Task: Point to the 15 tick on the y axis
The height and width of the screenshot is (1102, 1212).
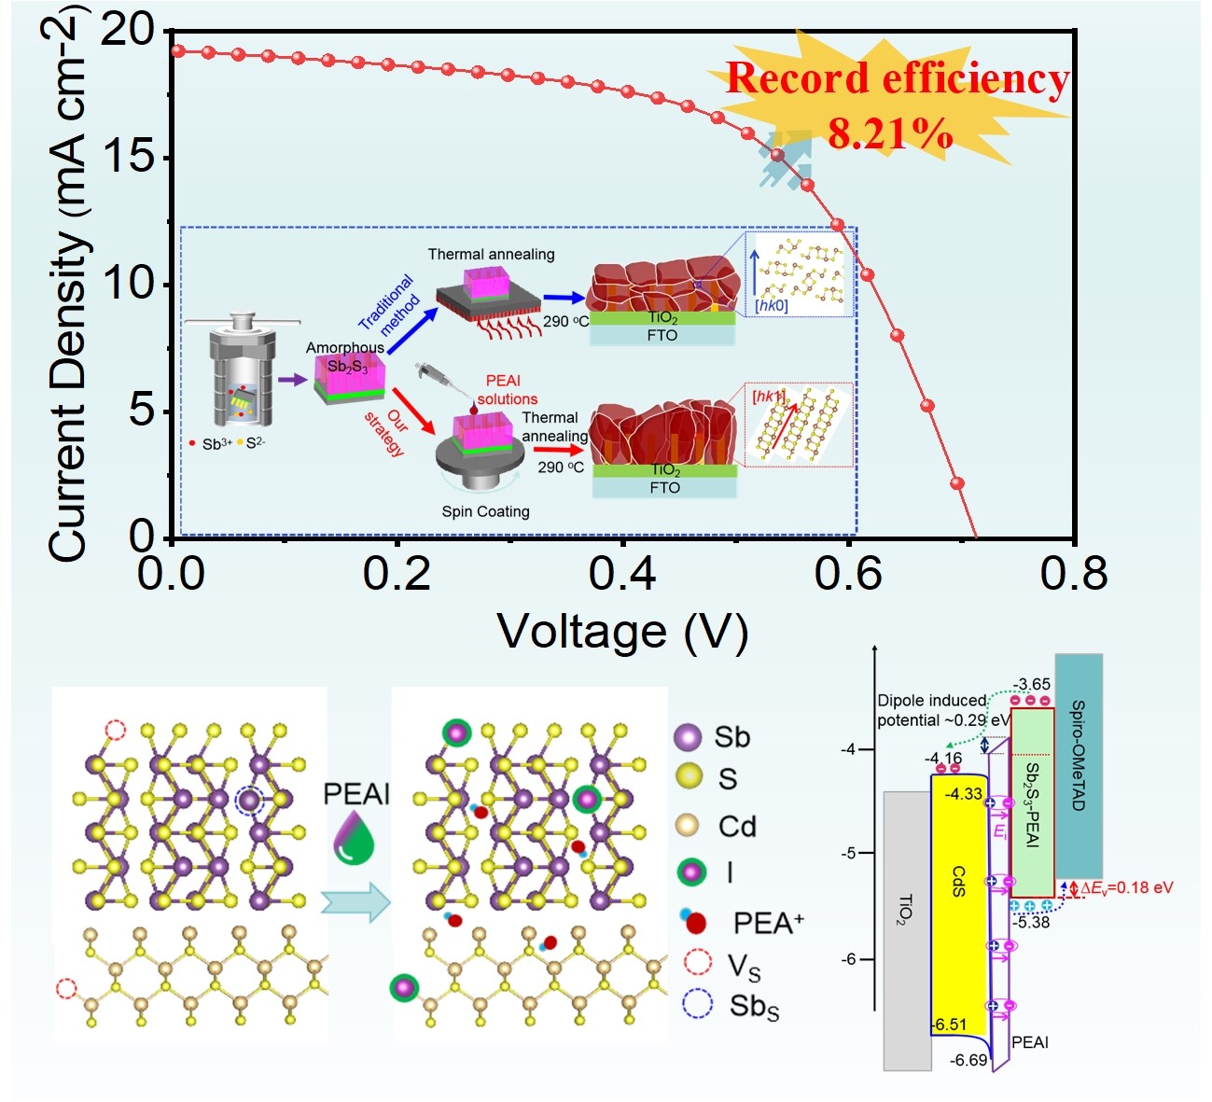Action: (x=129, y=156)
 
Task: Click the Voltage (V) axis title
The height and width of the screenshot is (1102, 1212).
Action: (x=622, y=632)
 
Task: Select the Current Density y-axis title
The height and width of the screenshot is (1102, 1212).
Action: (x=70, y=289)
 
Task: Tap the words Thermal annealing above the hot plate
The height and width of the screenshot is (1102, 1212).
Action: (x=491, y=254)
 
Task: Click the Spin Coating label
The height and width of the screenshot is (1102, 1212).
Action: (x=485, y=511)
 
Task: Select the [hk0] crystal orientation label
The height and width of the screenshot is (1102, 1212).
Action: (x=771, y=305)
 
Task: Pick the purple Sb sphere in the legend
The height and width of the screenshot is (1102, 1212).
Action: (x=688, y=737)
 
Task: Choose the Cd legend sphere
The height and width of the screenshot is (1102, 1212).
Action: (x=688, y=826)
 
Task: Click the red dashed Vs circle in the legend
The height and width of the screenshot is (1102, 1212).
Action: (x=697, y=962)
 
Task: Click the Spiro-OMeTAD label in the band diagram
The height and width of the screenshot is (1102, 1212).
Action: (x=1079, y=755)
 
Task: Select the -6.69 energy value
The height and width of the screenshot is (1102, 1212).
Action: (x=968, y=1060)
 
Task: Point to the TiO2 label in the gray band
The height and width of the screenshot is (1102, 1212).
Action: (x=905, y=909)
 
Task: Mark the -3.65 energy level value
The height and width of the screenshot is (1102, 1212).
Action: (x=1031, y=684)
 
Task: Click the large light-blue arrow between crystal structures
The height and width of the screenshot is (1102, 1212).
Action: (x=355, y=902)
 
